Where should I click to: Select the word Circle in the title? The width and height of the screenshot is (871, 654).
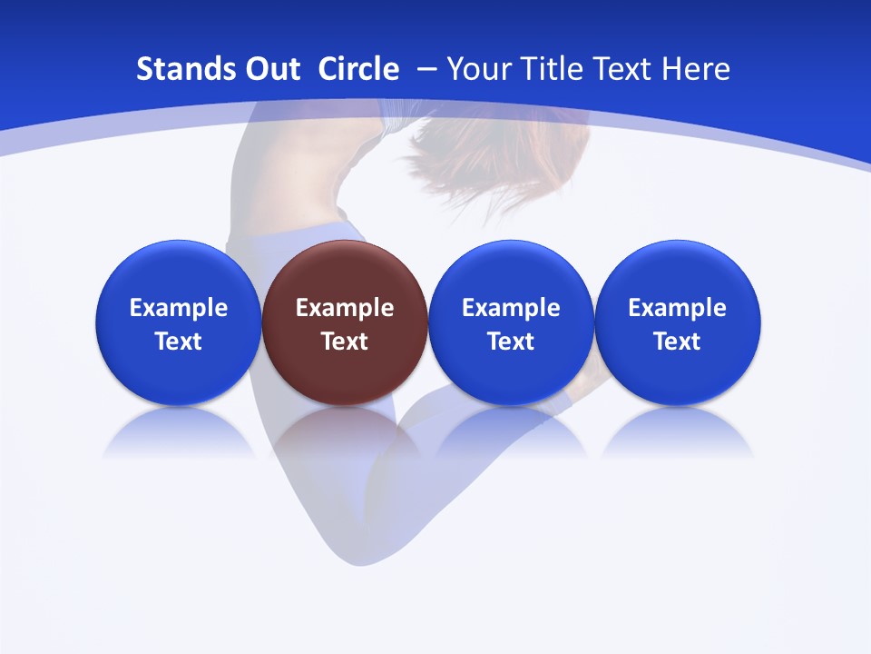(358, 69)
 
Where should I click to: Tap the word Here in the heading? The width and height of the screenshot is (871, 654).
(696, 69)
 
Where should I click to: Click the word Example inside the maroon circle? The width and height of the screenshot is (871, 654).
(345, 308)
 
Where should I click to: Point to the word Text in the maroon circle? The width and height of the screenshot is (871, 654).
(345, 342)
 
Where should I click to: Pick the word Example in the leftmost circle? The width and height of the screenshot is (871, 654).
(178, 308)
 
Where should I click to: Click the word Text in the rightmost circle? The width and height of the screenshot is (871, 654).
(678, 342)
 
